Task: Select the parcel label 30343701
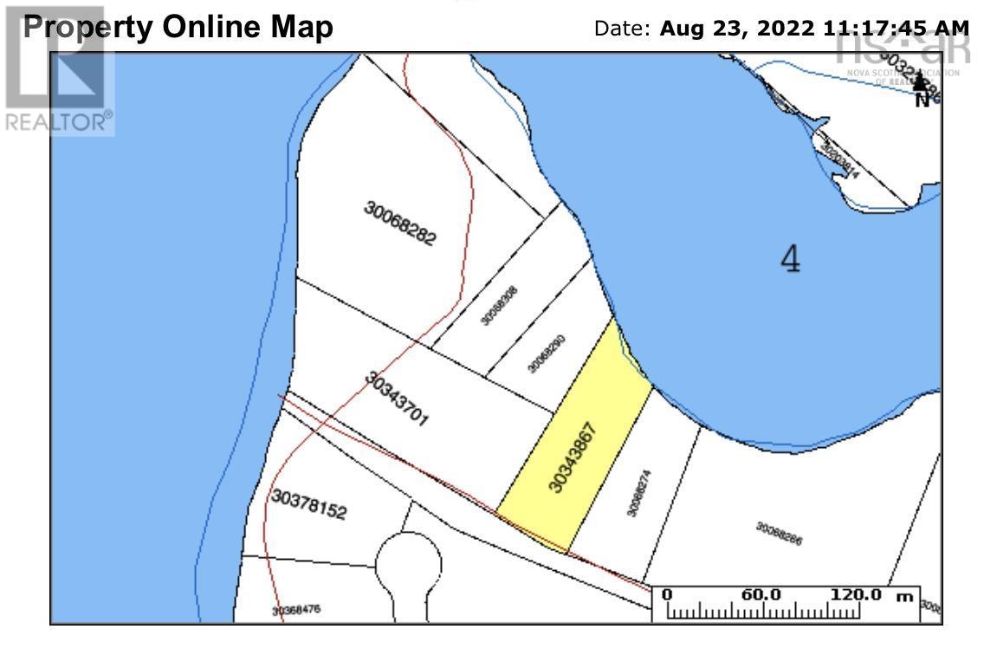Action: (398, 400)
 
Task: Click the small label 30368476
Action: (296, 610)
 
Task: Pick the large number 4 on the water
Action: (790, 258)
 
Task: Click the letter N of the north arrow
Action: (922, 100)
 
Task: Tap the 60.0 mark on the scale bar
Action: (762, 595)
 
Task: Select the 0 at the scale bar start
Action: (667, 595)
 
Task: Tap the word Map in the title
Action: (302, 27)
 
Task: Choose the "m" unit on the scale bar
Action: (905, 596)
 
